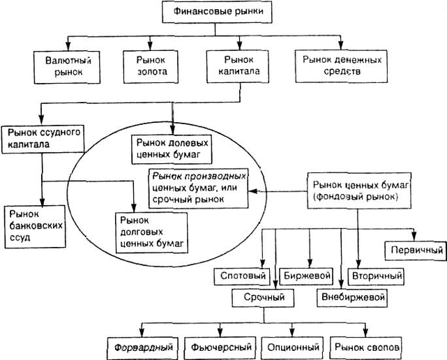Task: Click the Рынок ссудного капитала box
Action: click(44, 137)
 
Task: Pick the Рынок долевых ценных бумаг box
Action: click(171, 147)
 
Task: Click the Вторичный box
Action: click(375, 276)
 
